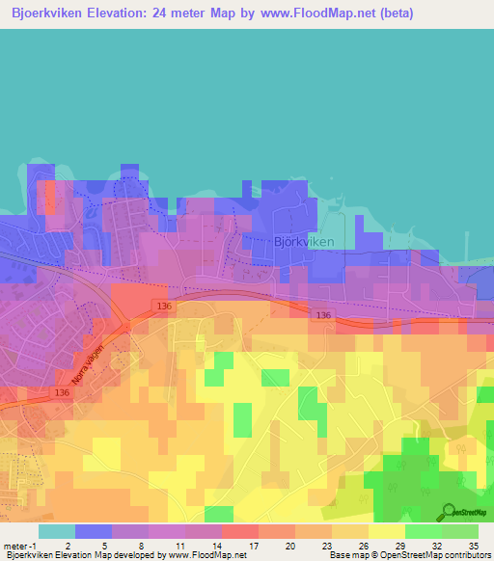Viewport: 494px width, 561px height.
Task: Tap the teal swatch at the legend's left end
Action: pyautogui.click(x=56, y=530)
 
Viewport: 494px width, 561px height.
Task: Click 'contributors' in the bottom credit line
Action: pyautogui.click(x=466, y=554)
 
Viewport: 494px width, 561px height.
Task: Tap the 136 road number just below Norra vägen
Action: pyautogui.click(x=62, y=392)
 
